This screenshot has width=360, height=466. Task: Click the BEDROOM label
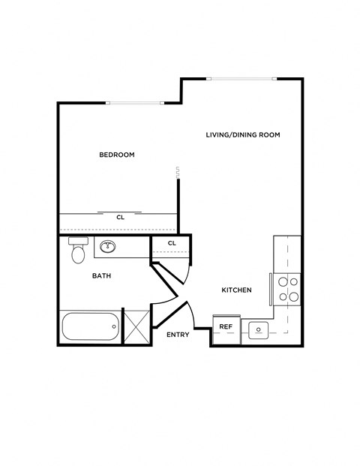116,155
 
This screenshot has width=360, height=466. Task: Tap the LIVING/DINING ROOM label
243,135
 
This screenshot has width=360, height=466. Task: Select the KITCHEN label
236,290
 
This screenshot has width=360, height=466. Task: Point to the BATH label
101,275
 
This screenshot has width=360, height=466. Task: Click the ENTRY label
178,335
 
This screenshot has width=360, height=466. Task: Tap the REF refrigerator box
225,328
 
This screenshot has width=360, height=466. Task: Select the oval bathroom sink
108,246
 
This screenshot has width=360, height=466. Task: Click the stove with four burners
289,289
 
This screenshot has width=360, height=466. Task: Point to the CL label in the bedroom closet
120,218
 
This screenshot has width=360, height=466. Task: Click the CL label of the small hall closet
172,243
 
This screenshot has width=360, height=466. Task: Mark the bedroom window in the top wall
133,103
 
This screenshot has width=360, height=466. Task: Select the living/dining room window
241,77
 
